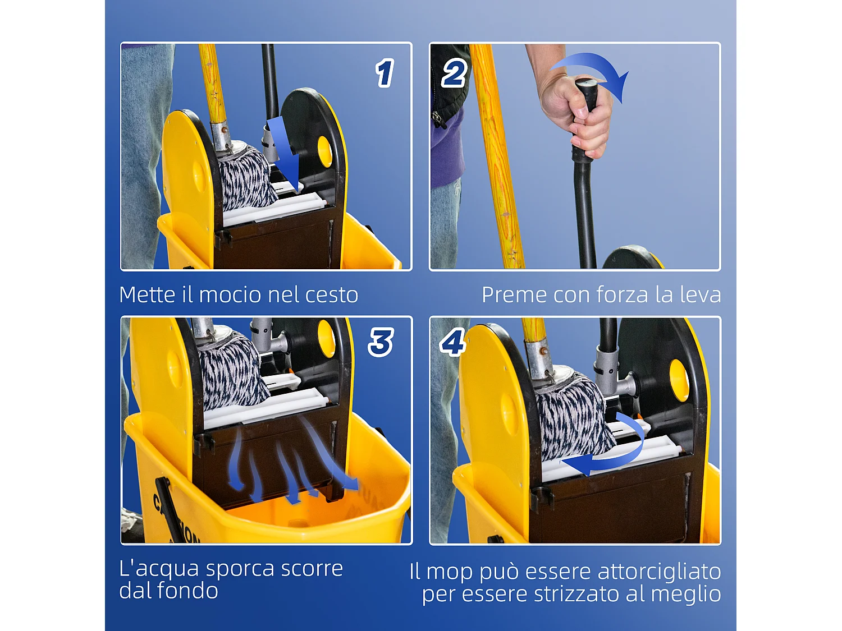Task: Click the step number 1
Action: coord(385,73)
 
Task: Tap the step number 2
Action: coord(454,73)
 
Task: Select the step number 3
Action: coord(381,342)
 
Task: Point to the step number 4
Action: coord(452,342)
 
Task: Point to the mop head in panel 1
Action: coord(246,177)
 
